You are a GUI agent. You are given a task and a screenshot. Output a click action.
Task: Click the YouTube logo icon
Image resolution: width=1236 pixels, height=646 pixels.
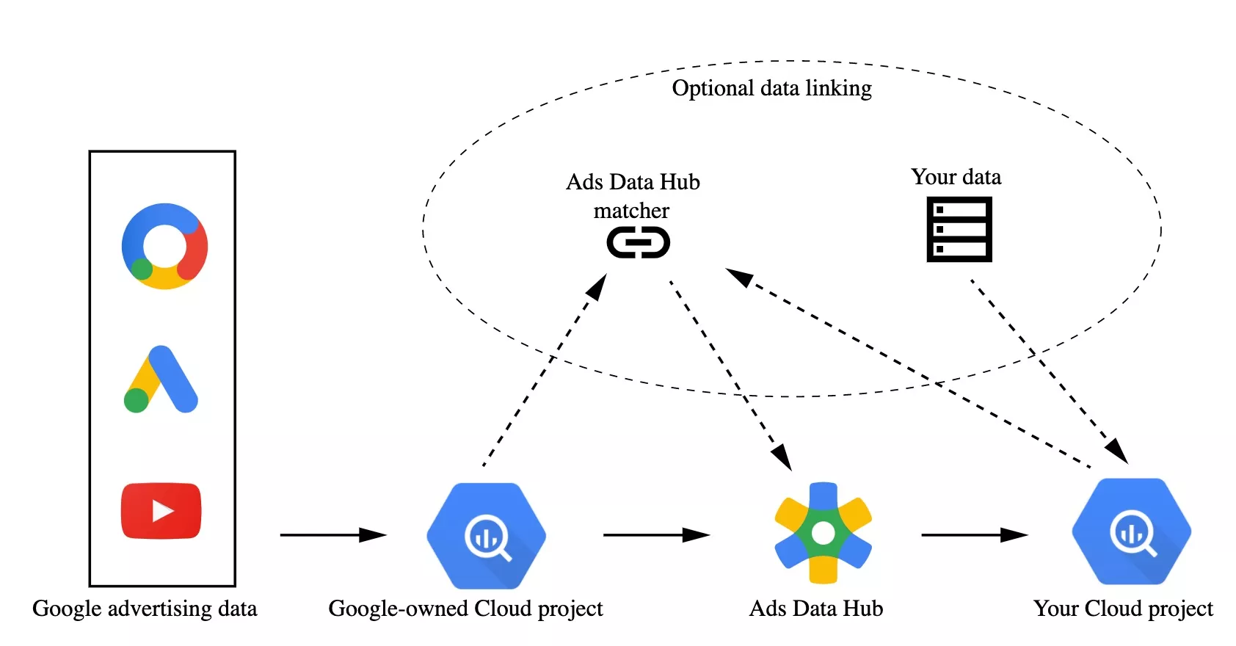[161, 511]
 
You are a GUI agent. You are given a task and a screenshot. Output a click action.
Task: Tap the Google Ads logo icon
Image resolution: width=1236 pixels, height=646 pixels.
[161, 380]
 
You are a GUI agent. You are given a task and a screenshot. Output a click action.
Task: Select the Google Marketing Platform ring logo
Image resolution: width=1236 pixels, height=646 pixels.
[164, 246]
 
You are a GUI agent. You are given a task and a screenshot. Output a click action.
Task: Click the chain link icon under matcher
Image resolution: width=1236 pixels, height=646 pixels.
[638, 242]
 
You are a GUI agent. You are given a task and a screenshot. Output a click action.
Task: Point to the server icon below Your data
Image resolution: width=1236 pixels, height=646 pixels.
[959, 229]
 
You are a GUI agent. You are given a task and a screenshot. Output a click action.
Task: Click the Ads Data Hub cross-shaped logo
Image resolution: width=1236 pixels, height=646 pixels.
[823, 533]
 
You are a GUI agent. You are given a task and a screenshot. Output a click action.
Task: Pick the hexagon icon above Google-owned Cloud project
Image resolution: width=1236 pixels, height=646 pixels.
[486, 536]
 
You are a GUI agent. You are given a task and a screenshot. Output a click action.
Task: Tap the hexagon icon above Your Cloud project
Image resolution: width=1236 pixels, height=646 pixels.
[1131, 532]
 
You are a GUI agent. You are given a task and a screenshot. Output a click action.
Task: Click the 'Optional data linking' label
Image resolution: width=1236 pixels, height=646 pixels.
[771, 88]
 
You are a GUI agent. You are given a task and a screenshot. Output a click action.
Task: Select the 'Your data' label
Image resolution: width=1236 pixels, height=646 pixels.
[956, 177]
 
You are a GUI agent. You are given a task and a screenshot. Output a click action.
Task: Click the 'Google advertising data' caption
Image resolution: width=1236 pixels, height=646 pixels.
[145, 609]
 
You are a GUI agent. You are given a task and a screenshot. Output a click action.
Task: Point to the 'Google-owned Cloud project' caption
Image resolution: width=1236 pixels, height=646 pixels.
[465, 609]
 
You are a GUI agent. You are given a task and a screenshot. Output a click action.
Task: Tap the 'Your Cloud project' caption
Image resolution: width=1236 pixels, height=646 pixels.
[1123, 609]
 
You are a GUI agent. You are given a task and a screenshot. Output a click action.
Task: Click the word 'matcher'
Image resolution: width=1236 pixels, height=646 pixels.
[631, 211]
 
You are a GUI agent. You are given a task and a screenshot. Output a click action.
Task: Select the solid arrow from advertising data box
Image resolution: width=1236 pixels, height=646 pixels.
[332, 535]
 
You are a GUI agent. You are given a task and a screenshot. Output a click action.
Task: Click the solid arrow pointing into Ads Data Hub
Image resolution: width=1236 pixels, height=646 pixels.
[655, 535]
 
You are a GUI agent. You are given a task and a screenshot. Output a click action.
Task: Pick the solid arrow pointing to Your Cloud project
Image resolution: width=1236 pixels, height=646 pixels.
[974, 535]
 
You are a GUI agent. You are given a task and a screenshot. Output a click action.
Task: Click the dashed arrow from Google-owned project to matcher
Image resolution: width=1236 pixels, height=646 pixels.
[545, 369]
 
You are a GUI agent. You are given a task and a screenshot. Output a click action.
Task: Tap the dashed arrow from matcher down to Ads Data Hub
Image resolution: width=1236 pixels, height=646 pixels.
[730, 374]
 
